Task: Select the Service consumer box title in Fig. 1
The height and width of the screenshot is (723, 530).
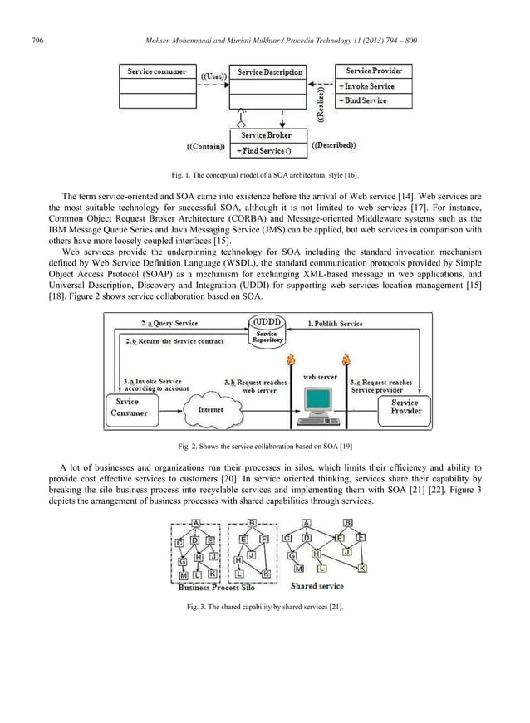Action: click(156, 72)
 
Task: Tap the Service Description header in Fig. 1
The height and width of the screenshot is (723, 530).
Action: click(270, 72)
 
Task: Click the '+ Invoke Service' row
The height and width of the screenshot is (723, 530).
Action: click(372, 86)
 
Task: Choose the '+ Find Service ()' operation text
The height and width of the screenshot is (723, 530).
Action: click(265, 150)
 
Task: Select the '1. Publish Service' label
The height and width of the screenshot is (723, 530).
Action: click(336, 323)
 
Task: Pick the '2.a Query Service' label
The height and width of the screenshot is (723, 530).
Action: click(169, 323)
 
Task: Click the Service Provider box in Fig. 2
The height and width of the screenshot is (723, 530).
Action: click(405, 407)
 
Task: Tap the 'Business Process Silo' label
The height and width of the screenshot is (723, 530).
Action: click(216, 588)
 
